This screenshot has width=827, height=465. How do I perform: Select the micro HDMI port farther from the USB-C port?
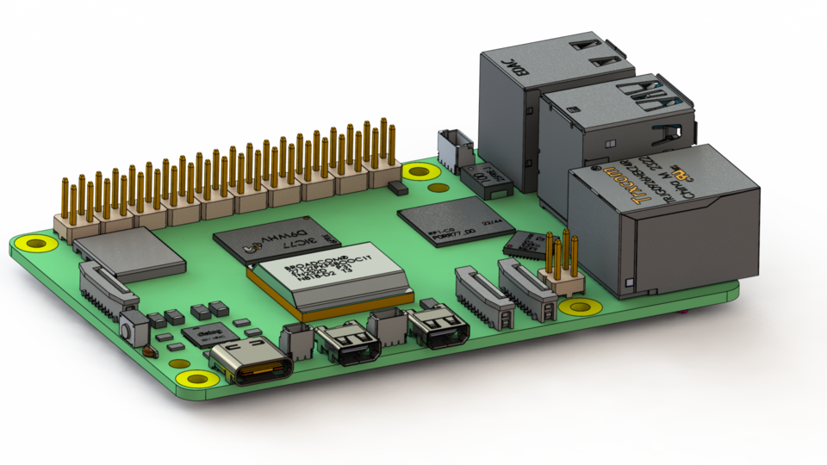point(439,328)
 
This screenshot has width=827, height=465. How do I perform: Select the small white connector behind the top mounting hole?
point(451,148)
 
